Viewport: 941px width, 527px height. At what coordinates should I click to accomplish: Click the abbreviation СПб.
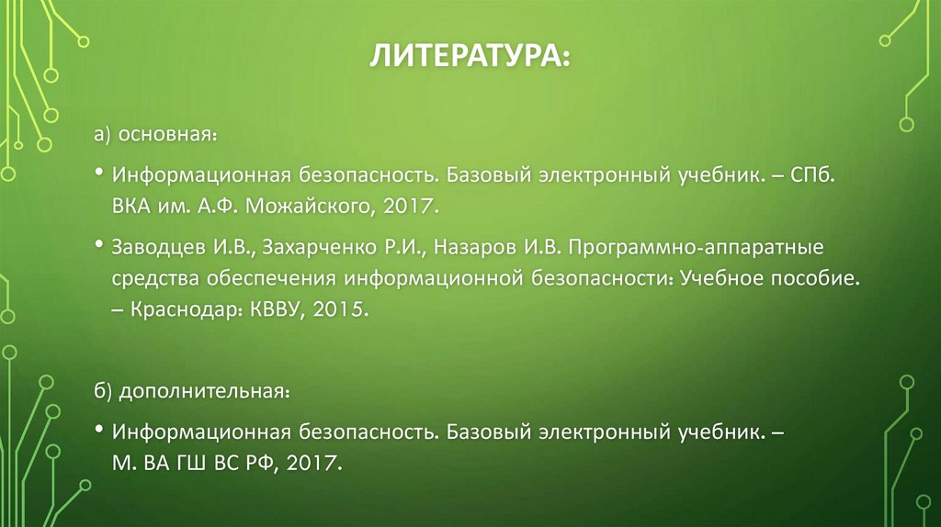[811, 174]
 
